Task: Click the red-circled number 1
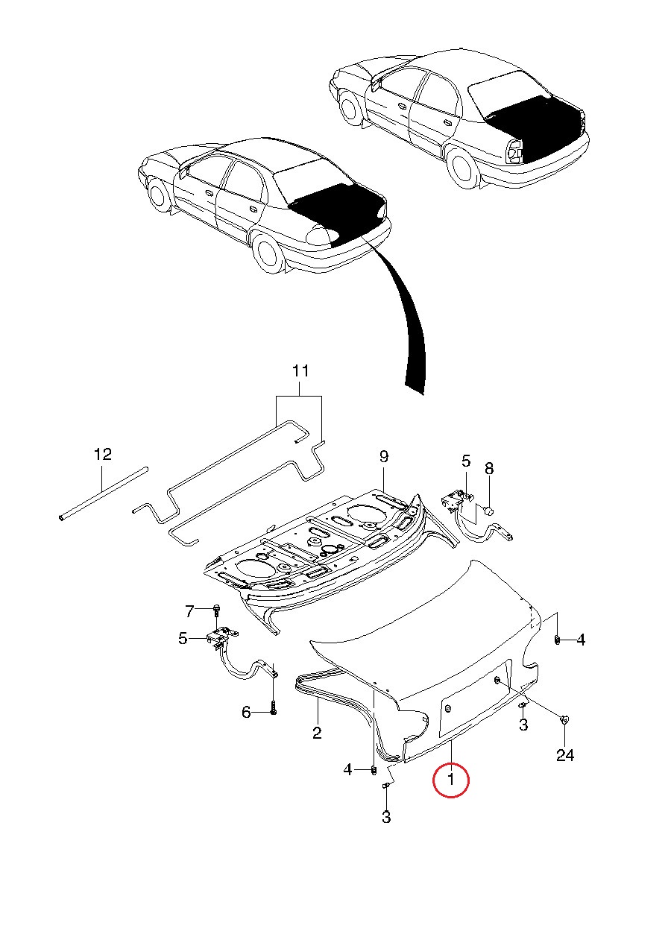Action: click(450, 780)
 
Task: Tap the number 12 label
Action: click(102, 454)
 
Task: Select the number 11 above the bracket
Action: click(300, 370)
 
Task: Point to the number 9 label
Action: click(384, 456)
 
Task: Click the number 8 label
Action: click(489, 468)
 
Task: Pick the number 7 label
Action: click(189, 612)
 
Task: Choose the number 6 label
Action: click(246, 713)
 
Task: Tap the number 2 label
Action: click(317, 733)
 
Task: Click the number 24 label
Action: click(565, 756)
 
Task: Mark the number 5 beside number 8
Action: click(466, 461)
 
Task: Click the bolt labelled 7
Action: click(215, 611)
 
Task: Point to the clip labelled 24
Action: click(564, 719)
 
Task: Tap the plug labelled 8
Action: click(489, 510)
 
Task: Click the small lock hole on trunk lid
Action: click(497, 680)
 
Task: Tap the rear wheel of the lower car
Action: click(268, 251)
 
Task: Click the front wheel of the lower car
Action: click(158, 195)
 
